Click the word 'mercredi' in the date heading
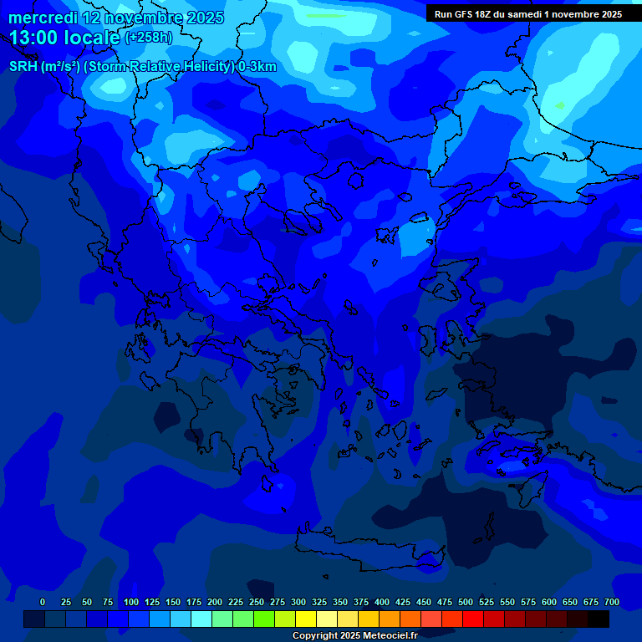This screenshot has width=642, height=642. pos(42,18)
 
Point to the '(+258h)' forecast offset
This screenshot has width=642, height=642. pos(148,38)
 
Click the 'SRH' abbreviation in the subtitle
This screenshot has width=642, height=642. pos(23,67)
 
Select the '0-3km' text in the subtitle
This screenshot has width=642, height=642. pos(257,67)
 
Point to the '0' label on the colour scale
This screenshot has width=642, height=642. pos(43,602)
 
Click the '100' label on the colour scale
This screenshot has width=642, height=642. pos(131,602)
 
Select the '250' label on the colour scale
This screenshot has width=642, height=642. pos(257,602)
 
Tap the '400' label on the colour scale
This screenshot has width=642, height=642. pos(382,602)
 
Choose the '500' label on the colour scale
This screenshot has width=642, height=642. pos(466,602)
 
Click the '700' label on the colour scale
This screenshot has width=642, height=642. pos(612,602)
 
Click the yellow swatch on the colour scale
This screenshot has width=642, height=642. pos(306,619)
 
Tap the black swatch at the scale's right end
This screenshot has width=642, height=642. pos(599,619)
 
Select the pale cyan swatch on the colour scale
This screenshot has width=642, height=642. pos(201,619)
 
